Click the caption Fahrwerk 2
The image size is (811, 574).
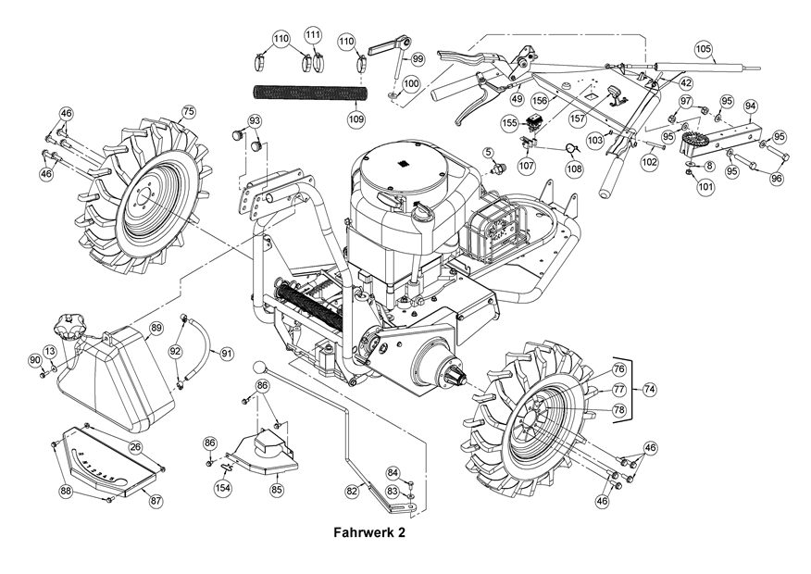[368, 533]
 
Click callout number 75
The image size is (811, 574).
[188, 112]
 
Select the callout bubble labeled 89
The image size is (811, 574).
[156, 328]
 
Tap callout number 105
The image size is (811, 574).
[702, 47]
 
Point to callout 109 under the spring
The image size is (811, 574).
[356, 119]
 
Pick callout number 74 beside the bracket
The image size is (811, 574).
[648, 390]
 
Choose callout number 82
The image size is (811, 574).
[352, 490]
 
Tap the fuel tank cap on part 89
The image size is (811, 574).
[68, 326]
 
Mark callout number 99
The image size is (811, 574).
[417, 58]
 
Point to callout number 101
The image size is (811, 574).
[705, 186]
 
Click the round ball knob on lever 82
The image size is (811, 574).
[259, 368]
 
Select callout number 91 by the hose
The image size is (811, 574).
[227, 354]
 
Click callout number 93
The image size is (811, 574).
[254, 121]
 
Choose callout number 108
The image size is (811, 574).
[575, 169]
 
